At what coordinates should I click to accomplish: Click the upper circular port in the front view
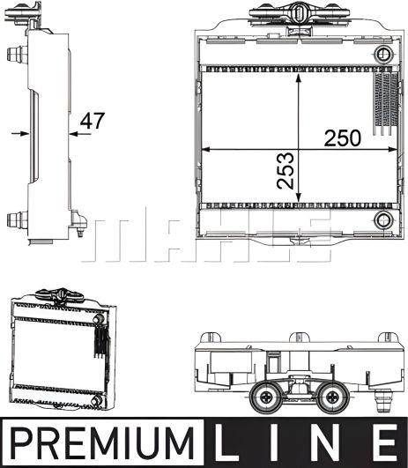383,56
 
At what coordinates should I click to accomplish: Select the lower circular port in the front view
382,219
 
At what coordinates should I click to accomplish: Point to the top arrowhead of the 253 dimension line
302,76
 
